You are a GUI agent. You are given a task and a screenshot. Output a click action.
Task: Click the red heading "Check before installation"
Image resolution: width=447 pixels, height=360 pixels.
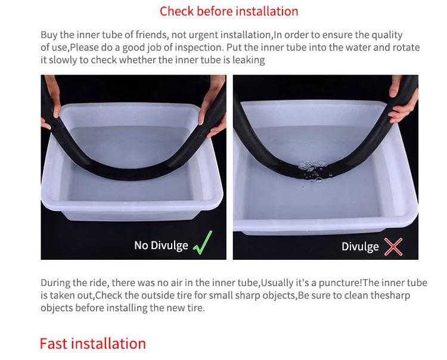coord(229,11)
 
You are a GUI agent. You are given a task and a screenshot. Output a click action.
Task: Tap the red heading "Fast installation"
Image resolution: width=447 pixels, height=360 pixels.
coord(92,343)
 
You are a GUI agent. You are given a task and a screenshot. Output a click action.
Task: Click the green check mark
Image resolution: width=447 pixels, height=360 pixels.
coord(203,243)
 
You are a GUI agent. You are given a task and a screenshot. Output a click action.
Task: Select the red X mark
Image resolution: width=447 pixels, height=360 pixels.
coord(393,247)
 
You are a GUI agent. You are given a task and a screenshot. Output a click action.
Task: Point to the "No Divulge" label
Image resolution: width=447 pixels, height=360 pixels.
coord(161,246)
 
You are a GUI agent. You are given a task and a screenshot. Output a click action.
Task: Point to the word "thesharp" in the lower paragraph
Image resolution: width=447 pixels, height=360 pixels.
coord(390,295)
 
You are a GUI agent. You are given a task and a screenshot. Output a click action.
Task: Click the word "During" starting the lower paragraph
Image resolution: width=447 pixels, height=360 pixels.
coord(55,283)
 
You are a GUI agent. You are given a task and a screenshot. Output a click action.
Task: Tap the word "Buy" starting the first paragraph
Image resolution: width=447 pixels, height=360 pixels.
coord(49,35)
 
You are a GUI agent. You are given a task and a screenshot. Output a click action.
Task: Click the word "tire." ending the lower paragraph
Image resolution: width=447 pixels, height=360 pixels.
coord(196,308)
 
